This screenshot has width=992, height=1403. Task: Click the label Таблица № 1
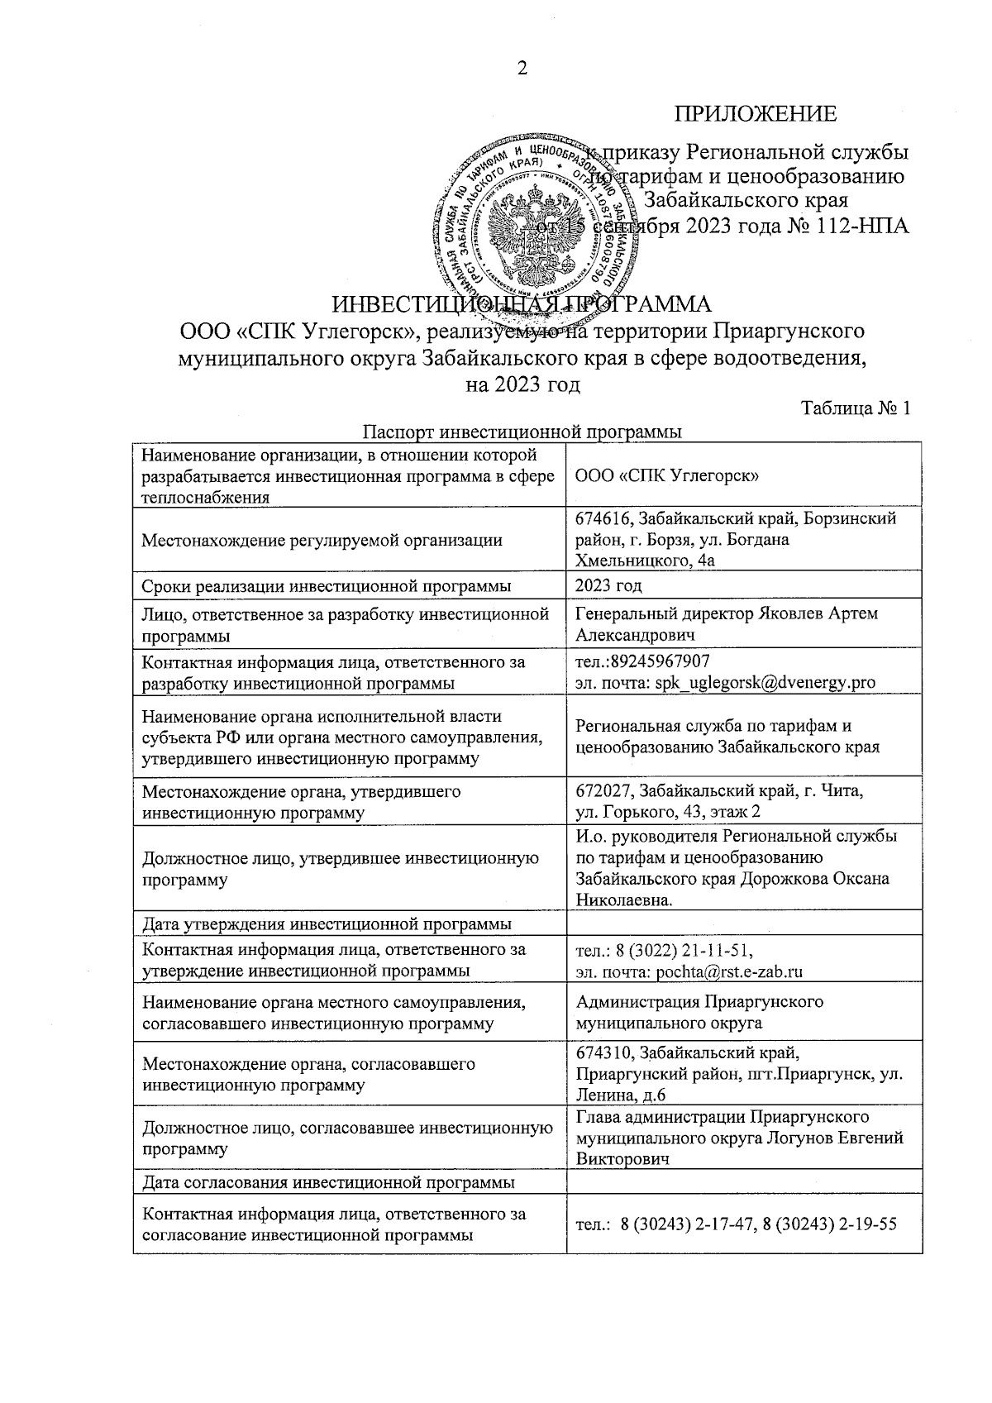click(856, 409)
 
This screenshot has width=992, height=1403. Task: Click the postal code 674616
click(605, 518)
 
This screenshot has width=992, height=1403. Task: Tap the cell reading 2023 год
click(608, 585)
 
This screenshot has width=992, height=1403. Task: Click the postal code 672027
click(605, 791)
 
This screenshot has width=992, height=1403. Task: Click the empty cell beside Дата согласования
click(743, 1182)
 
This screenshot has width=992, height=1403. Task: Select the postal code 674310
click(605, 1052)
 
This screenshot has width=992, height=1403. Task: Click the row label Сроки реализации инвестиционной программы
click(326, 586)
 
